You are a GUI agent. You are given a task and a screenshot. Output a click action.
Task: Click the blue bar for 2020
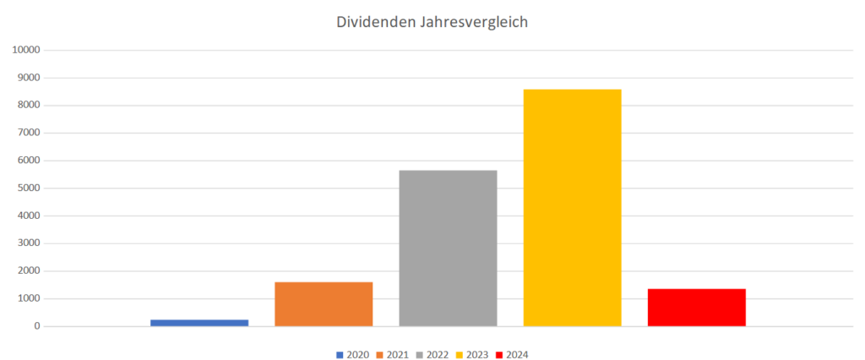[x=199, y=322]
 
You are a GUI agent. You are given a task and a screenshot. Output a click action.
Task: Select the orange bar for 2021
[x=324, y=303]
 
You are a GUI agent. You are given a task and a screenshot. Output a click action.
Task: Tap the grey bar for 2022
[x=448, y=248]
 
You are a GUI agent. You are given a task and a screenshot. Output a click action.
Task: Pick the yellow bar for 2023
[x=572, y=207]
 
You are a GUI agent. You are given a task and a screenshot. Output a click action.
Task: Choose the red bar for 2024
[x=696, y=307]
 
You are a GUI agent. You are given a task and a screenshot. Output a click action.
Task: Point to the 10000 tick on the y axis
[x=27, y=50]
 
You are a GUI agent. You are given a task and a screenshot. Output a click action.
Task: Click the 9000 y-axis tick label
[x=30, y=78]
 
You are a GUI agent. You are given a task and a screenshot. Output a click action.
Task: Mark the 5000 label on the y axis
[x=30, y=188]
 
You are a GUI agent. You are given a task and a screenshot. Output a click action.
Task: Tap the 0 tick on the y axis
[x=37, y=326]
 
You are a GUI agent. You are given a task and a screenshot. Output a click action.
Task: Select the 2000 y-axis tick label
[x=30, y=270]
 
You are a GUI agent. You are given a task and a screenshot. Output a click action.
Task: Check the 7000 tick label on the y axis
[x=30, y=133]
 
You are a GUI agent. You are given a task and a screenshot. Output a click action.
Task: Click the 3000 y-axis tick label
[x=30, y=243]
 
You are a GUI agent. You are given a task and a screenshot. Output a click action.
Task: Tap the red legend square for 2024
[x=499, y=354]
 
